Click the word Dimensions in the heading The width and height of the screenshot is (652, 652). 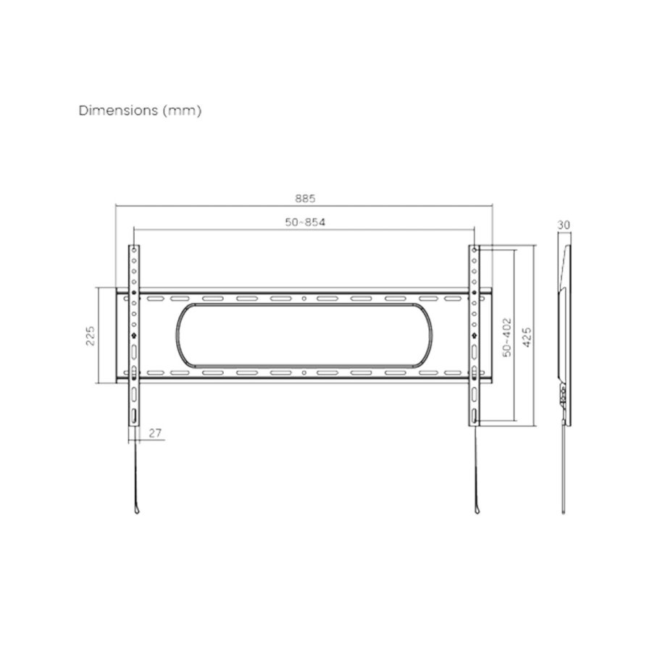coord(118,111)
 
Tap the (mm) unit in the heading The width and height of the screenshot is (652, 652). coord(183,111)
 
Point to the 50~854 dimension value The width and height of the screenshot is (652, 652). coord(304,222)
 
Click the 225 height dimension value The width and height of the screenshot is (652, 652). coord(91,335)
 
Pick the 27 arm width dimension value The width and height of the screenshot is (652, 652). coord(155,433)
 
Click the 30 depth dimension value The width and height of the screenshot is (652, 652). coord(564,225)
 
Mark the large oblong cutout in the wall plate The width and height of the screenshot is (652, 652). coord(304,335)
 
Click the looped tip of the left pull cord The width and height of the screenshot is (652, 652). coord(135,509)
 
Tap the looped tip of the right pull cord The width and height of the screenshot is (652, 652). coord(475,509)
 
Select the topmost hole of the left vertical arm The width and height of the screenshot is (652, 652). coord(135,251)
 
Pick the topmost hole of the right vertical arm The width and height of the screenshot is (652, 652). coord(475,251)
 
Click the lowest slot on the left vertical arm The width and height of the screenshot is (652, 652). coord(135,416)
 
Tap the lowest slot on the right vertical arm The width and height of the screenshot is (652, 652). coord(475,416)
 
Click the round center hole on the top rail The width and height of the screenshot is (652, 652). coord(304,298)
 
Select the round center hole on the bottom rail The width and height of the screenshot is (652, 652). coord(304,373)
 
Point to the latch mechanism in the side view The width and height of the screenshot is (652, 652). coord(564,395)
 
